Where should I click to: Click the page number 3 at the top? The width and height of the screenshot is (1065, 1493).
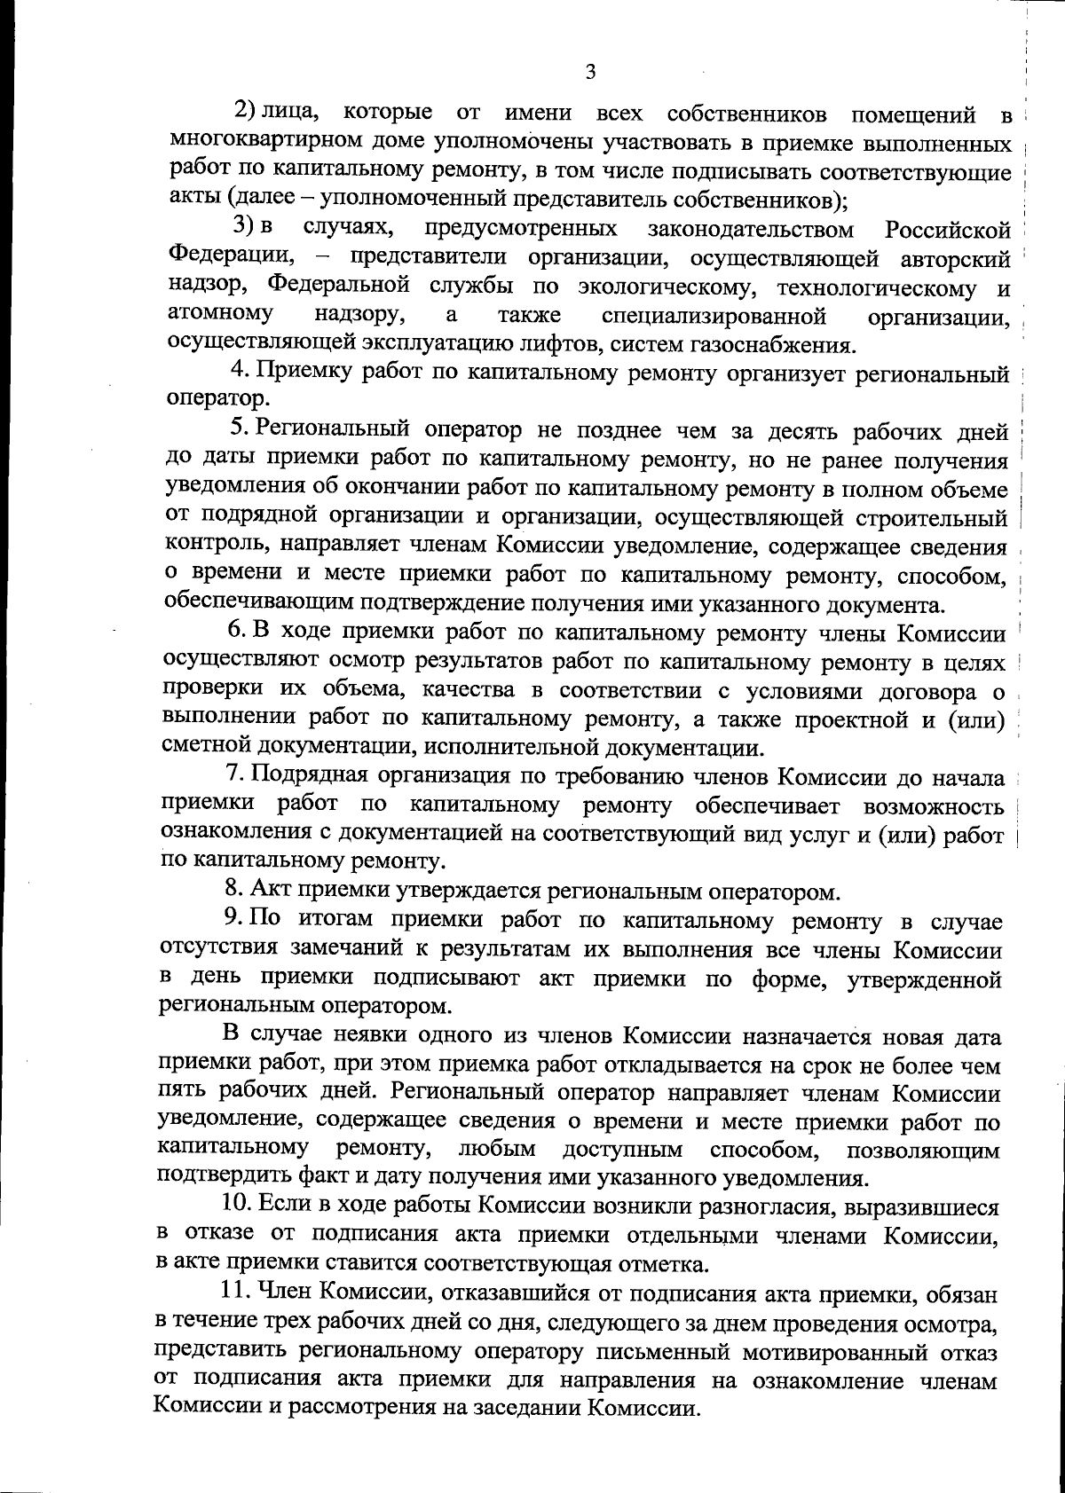point(589,72)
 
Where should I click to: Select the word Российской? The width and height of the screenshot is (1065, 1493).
point(948,231)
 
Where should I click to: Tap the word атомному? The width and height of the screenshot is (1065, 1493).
point(220,315)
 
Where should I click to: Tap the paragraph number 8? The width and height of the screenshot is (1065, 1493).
point(233,888)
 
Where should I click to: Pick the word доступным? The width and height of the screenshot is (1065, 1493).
point(622,1151)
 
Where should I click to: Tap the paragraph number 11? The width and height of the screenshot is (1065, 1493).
point(233,1293)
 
